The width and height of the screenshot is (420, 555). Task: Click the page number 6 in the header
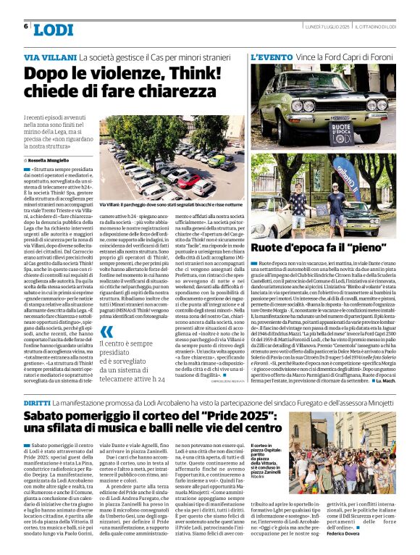click(x=26, y=26)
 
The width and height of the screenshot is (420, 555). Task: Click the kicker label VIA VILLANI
click(x=50, y=56)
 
